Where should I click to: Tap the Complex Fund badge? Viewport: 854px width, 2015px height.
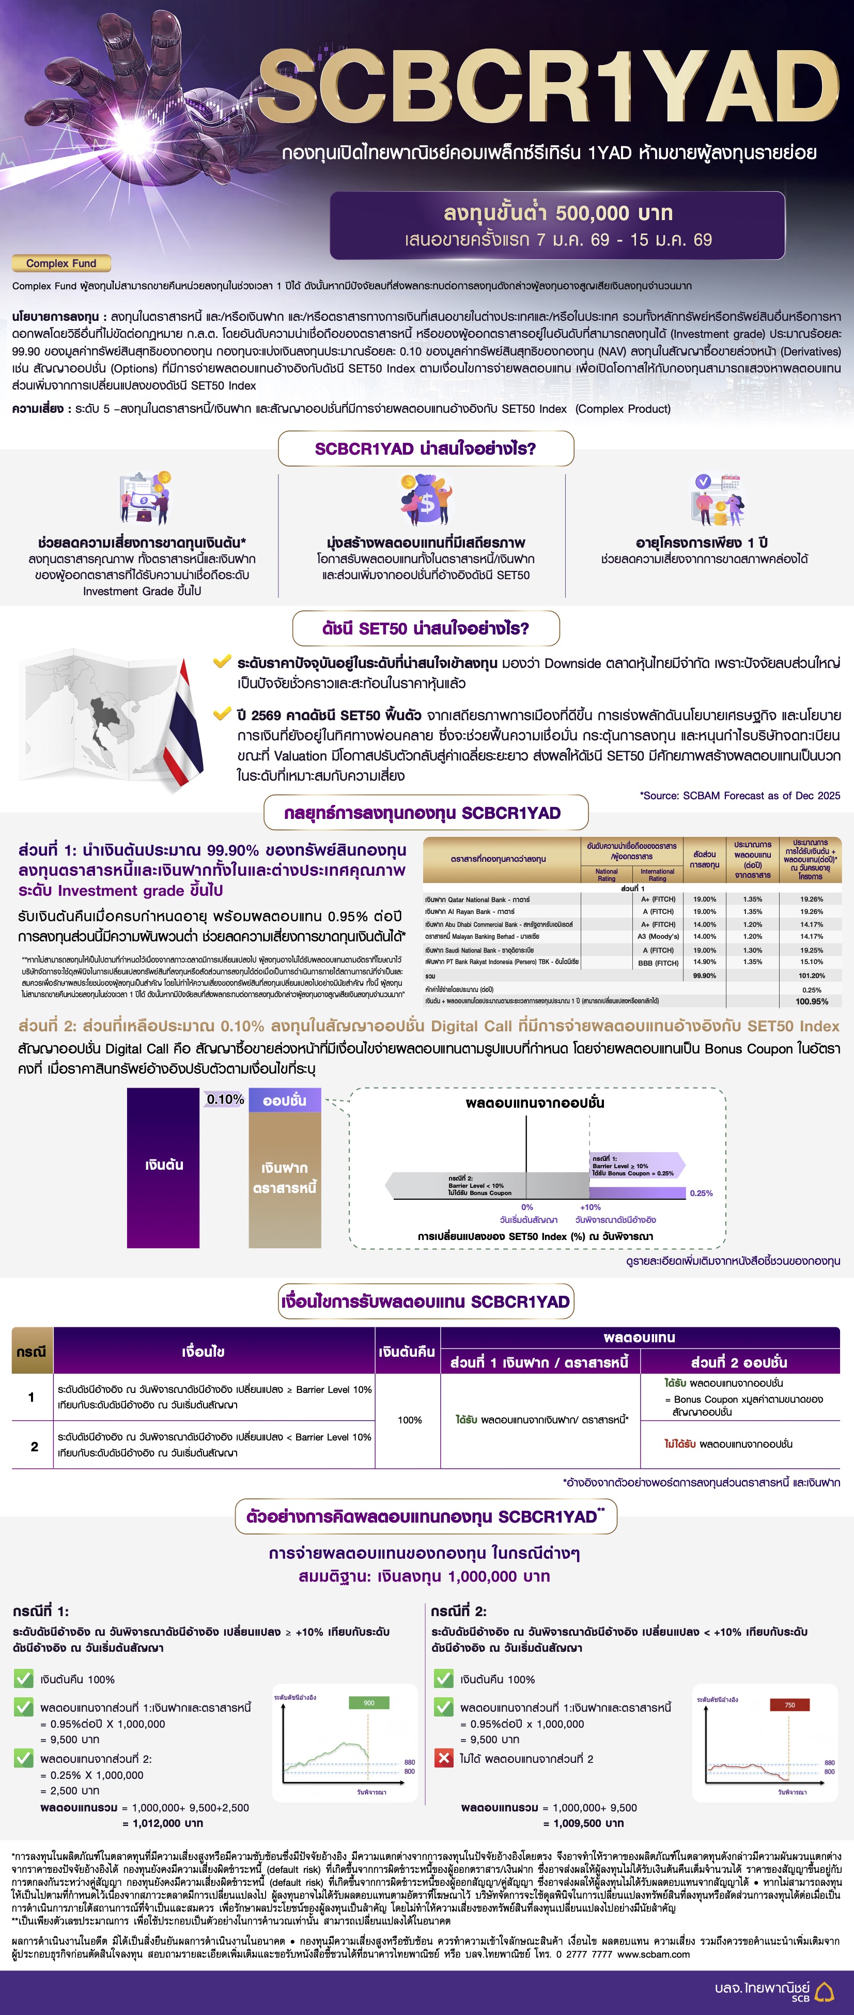point(61,263)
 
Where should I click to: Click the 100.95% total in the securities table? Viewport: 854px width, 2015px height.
point(811,1001)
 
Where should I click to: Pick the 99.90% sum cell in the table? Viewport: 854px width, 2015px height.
point(704,975)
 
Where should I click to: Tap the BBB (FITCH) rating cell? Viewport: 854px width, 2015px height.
point(658,963)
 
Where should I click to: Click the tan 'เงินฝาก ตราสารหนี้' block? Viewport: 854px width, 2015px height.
point(285,1178)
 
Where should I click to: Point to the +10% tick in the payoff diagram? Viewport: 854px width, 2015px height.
point(591,1207)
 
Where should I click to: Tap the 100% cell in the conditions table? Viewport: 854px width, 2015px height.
point(409,1420)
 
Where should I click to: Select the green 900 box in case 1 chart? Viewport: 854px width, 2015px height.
point(368,1703)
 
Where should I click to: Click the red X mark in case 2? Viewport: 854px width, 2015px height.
point(443,1758)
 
